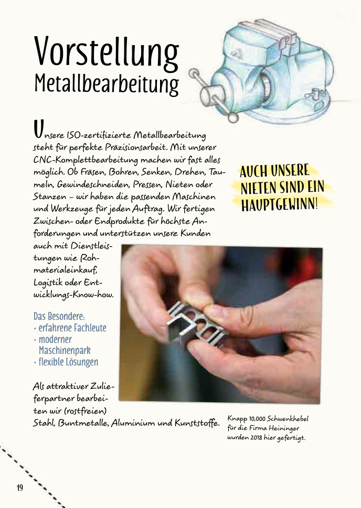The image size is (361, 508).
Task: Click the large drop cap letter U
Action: point(38,127)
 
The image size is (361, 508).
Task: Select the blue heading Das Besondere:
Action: point(59,317)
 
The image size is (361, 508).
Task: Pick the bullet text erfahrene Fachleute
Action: point(72,329)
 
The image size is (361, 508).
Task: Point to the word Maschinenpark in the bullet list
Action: point(65,351)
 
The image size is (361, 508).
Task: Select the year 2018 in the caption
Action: point(256,437)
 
